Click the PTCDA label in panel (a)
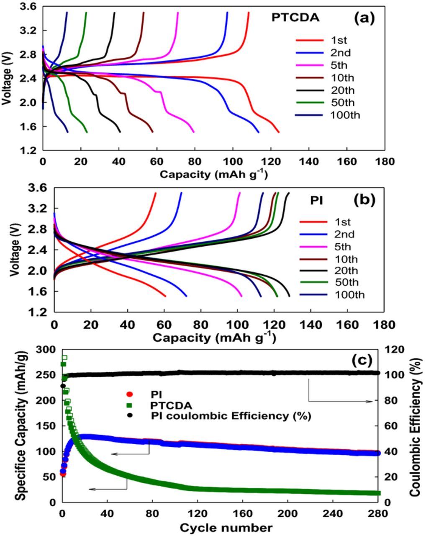(295, 18)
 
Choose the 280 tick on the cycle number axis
(378, 513)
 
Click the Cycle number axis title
(226, 528)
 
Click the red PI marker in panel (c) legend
(129, 394)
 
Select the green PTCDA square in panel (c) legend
(129, 405)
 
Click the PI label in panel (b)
(316, 201)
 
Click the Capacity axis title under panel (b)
(214, 338)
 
